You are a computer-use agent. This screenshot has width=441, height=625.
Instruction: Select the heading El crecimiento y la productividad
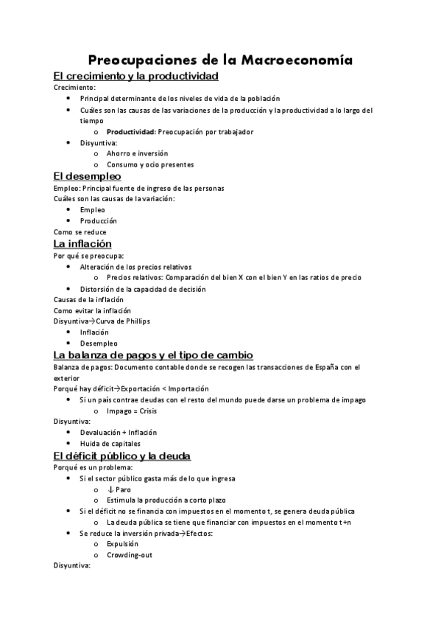(x=136, y=76)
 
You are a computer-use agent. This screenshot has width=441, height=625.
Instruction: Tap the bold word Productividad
(x=130, y=132)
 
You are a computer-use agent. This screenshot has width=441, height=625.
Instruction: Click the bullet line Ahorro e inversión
(x=137, y=153)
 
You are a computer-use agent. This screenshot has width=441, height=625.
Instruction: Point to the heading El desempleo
(x=88, y=176)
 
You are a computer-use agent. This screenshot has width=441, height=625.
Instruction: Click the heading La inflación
(x=82, y=243)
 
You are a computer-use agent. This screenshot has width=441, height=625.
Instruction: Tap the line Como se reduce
(x=80, y=231)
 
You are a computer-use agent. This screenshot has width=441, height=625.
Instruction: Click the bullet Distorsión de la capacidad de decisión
(x=143, y=289)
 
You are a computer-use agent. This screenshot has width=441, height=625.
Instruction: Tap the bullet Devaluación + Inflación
(x=119, y=433)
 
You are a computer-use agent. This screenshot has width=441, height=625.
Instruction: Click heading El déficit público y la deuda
(x=122, y=455)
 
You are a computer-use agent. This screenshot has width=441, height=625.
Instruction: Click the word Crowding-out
(x=130, y=555)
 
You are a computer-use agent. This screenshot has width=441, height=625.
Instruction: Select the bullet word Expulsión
(x=122, y=544)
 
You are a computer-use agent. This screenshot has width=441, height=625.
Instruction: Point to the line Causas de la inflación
(x=89, y=300)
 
